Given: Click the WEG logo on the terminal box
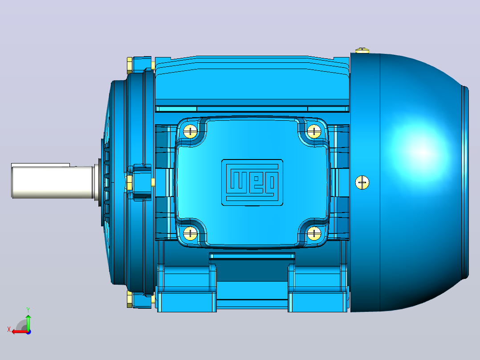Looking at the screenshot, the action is (252, 182).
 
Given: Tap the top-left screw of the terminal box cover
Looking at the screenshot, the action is (191, 132).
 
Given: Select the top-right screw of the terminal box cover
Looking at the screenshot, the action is (314, 132).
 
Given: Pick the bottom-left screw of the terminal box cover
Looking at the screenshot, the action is (191, 233).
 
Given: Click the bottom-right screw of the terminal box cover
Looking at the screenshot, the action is (314, 233).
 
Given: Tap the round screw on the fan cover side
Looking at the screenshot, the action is (362, 183).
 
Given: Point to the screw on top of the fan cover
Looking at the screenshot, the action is (362, 50).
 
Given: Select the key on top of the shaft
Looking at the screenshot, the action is (41, 165).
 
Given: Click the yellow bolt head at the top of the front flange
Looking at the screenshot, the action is (130, 65).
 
